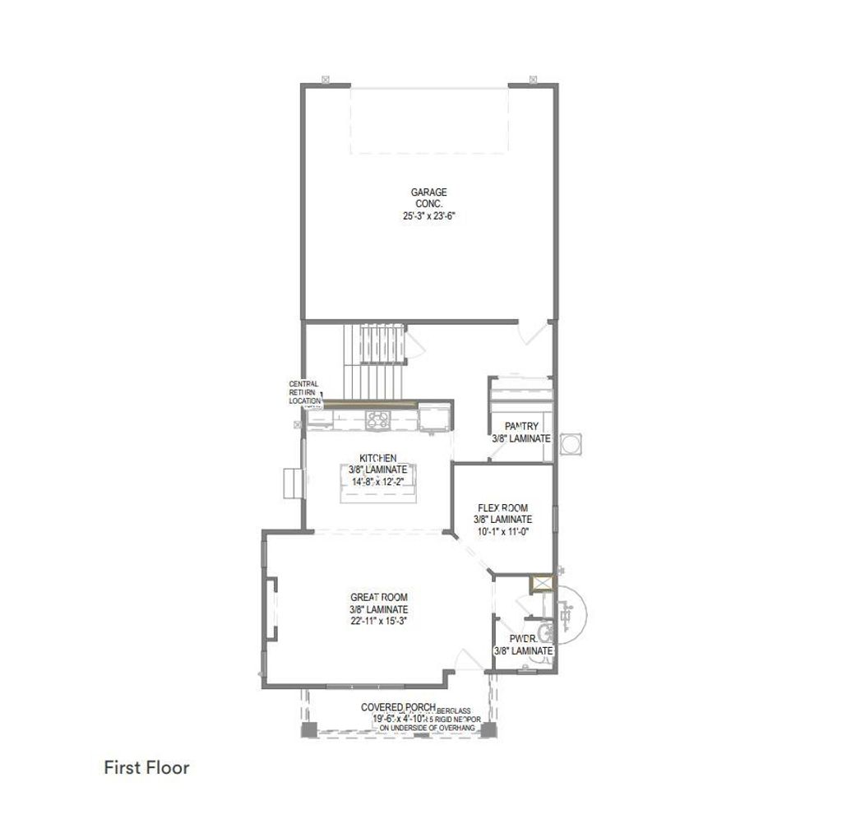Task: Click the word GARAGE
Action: [x=428, y=192]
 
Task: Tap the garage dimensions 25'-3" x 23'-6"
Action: [x=428, y=216]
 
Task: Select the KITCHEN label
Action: [x=378, y=458]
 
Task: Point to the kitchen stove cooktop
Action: [x=379, y=420]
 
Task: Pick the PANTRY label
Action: [x=521, y=426]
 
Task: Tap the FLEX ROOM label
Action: [x=502, y=508]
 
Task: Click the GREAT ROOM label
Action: [x=379, y=598]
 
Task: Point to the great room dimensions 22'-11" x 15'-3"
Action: [x=379, y=621]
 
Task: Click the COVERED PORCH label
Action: [x=398, y=707]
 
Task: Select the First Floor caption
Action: [x=146, y=767]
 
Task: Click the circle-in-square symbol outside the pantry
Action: [x=572, y=443]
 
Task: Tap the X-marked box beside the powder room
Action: [x=542, y=584]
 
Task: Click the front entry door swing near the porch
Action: [x=469, y=659]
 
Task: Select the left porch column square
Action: [x=308, y=730]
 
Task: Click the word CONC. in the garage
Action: [x=428, y=204]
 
